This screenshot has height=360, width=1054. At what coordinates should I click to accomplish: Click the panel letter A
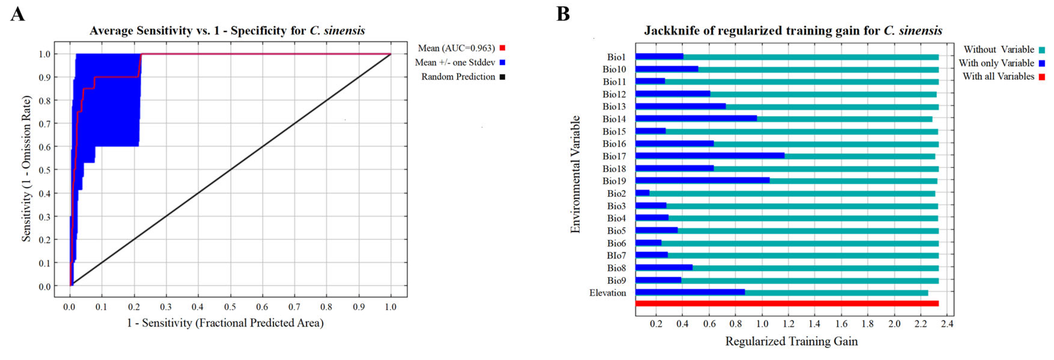tap(18, 14)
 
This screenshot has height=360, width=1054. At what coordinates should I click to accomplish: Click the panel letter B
tap(563, 14)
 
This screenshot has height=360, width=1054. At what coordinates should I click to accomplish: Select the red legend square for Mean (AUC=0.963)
tap(503, 48)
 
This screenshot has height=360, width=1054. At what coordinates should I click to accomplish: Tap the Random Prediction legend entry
tap(458, 77)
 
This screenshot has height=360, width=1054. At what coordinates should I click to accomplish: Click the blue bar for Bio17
tap(710, 156)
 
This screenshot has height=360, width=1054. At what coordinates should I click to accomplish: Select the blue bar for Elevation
tap(690, 292)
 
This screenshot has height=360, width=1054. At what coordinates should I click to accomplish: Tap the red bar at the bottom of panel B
tap(786, 304)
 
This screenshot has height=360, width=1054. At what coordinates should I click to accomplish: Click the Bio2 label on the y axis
tap(616, 193)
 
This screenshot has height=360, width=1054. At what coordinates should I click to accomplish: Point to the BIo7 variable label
tap(616, 256)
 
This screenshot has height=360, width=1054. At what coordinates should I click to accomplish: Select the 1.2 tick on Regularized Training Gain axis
tap(788, 324)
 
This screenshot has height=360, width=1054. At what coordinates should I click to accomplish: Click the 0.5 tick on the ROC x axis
tap(230, 307)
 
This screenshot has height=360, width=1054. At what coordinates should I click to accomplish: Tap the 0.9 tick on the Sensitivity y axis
tap(44, 77)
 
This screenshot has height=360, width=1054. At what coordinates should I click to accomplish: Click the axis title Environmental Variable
tap(575, 174)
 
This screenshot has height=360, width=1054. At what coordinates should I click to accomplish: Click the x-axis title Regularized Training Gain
tap(791, 341)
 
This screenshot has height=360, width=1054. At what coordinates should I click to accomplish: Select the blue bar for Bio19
tap(702, 180)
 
